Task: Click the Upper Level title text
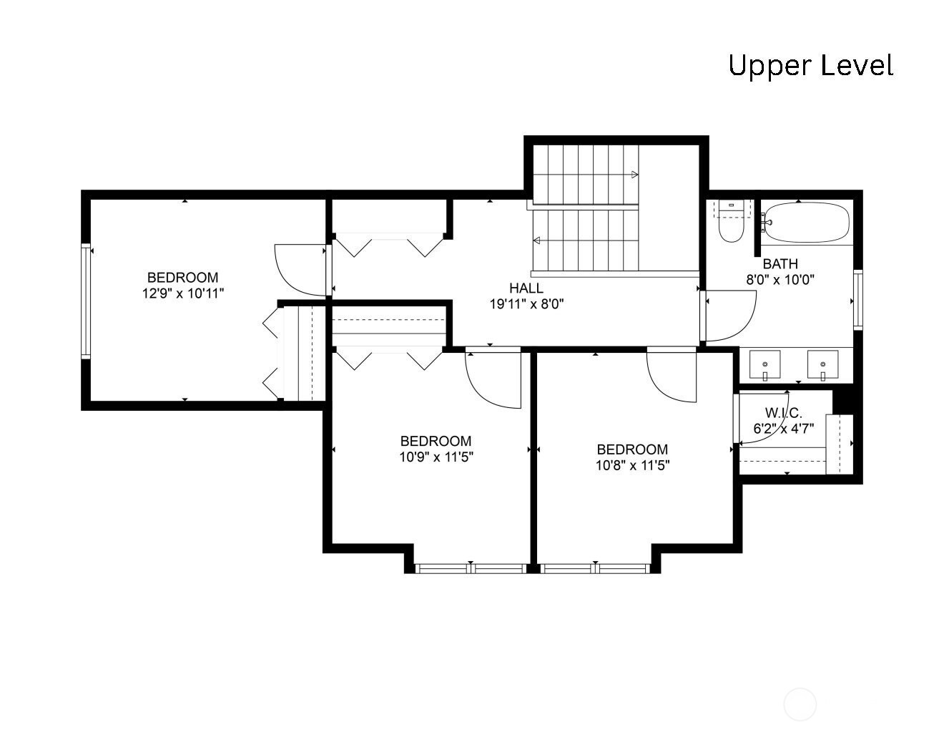(x=811, y=66)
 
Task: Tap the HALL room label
(x=526, y=288)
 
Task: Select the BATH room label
(x=780, y=263)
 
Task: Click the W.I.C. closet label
(x=784, y=412)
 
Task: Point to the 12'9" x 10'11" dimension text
(x=183, y=293)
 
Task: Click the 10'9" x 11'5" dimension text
(x=436, y=457)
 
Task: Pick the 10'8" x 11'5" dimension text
(x=632, y=465)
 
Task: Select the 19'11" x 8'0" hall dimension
(x=526, y=304)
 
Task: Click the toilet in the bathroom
(x=731, y=221)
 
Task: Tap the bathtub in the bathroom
(x=806, y=222)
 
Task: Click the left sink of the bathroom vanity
(x=764, y=364)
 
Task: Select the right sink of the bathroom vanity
(x=823, y=364)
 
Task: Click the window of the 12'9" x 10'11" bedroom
(x=86, y=301)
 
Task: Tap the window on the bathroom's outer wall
(x=858, y=300)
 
